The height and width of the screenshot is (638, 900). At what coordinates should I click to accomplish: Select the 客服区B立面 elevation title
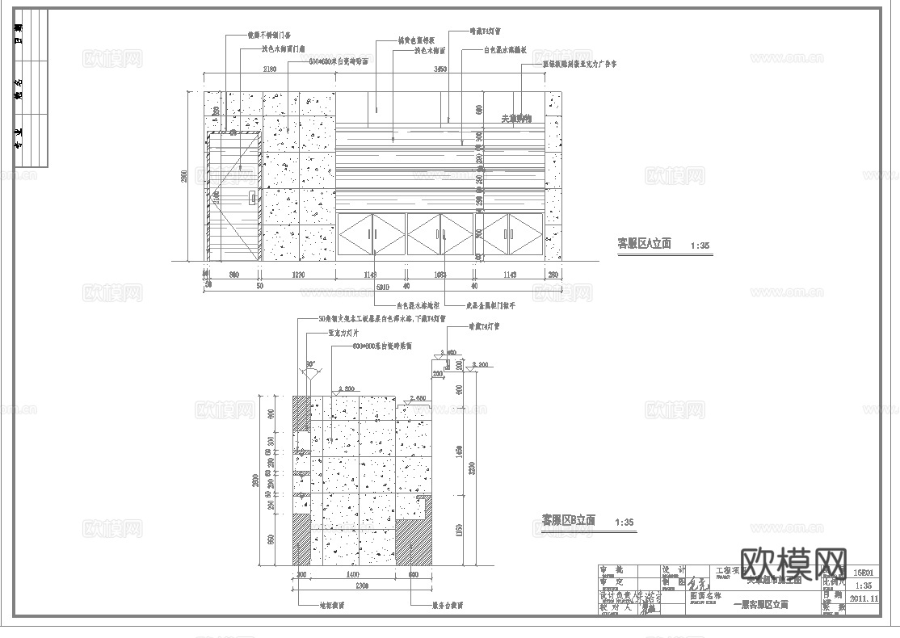(x=568, y=520)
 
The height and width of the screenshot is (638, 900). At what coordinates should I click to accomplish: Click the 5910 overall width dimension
(x=383, y=287)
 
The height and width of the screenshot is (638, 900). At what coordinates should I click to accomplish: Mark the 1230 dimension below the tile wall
(x=298, y=275)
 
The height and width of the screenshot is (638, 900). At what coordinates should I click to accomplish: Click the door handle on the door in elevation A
(x=253, y=196)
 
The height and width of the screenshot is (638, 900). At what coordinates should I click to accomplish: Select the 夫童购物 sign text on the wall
(x=517, y=119)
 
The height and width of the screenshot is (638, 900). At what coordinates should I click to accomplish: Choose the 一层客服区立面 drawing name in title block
(x=760, y=604)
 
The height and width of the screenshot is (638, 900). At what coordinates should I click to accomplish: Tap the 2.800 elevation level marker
(x=345, y=388)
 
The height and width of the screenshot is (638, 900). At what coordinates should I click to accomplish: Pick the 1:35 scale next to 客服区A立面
(x=701, y=245)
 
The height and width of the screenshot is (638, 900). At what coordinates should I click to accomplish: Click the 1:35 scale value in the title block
(x=864, y=586)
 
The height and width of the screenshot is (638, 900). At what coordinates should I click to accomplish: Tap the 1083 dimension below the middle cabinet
(x=439, y=275)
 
